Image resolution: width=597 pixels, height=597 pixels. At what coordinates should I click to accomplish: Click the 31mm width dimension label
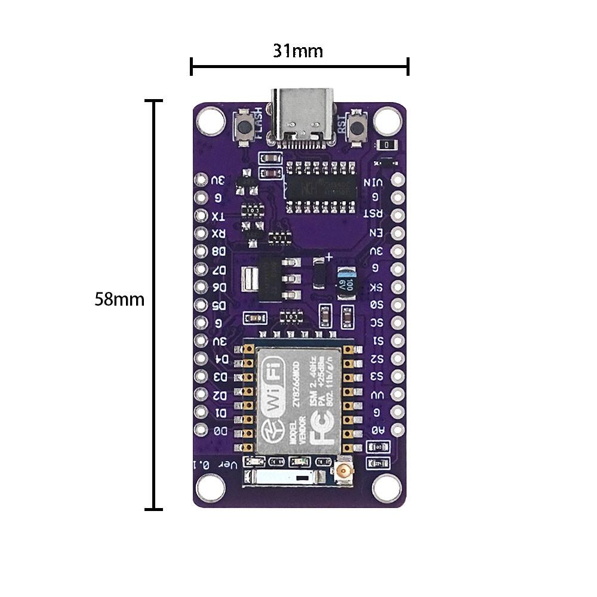pos(298,51)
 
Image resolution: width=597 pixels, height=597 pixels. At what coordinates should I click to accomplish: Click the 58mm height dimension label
pos(119,299)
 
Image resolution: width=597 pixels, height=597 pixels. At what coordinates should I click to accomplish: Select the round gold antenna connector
pos(345,472)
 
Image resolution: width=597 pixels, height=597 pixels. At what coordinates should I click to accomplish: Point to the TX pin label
pos(219,216)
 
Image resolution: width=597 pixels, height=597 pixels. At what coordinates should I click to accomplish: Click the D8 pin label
pos(219,251)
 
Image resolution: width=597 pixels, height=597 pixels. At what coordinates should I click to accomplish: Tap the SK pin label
pos(377,287)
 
